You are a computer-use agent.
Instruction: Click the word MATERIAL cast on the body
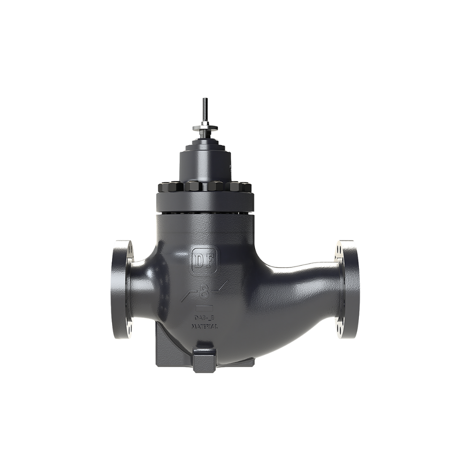[x=204, y=326]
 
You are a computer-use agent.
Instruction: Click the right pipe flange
[x=346, y=289]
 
